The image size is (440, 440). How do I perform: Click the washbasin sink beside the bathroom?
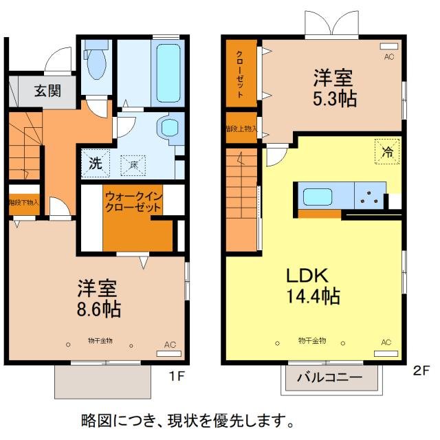click(x=168, y=126)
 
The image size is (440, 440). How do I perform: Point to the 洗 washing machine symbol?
click(x=96, y=164)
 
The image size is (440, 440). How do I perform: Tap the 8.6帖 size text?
click(x=98, y=310)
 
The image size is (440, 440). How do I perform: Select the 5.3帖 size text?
click(x=334, y=99)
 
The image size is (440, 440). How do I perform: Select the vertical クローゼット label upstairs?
click(x=239, y=73)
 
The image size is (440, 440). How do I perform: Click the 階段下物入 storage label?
click(x=24, y=203)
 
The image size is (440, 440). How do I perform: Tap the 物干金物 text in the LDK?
click(x=311, y=341)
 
